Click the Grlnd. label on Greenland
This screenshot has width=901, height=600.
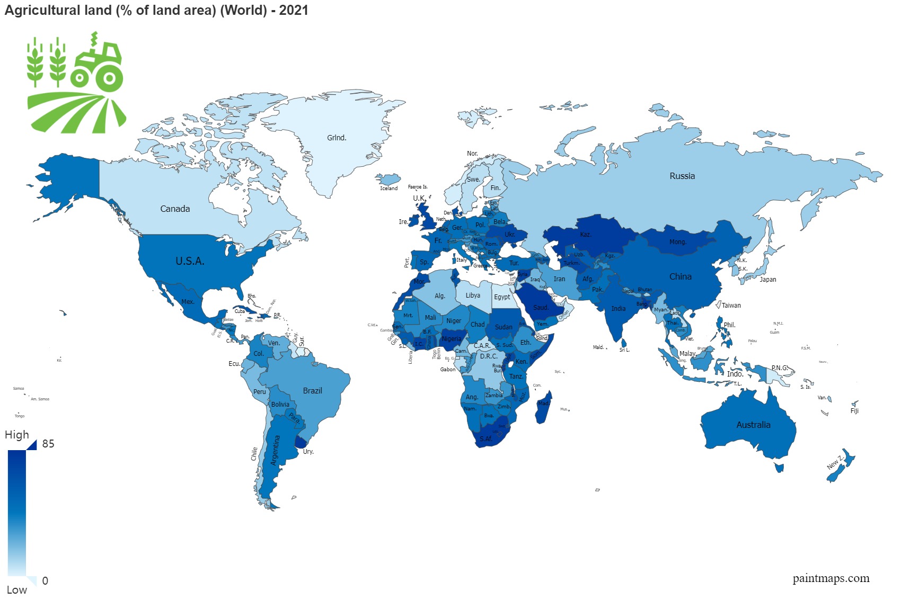(337, 138)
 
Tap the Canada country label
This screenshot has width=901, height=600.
(175, 209)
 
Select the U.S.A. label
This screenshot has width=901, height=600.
(190, 261)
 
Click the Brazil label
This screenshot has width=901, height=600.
(312, 391)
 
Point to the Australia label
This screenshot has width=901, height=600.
(753, 425)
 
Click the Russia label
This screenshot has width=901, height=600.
(682, 176)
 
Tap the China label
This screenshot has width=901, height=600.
(680, 276)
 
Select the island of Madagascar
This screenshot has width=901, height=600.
(543, 408)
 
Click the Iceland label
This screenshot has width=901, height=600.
(388, 189)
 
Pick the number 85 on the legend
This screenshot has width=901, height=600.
(48, 444)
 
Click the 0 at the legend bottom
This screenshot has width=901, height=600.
(45, 581)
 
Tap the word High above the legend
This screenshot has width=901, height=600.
(17, 435)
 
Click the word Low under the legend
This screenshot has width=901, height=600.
(17, 590)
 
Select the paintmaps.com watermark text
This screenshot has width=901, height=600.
(831, 578)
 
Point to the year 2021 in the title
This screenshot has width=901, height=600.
(294, 10)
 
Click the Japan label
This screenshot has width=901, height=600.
(767, 280)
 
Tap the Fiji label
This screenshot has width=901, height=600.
(854, 411)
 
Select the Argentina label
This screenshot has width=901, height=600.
(276, 450)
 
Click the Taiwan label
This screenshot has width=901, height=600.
(731, 306)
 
